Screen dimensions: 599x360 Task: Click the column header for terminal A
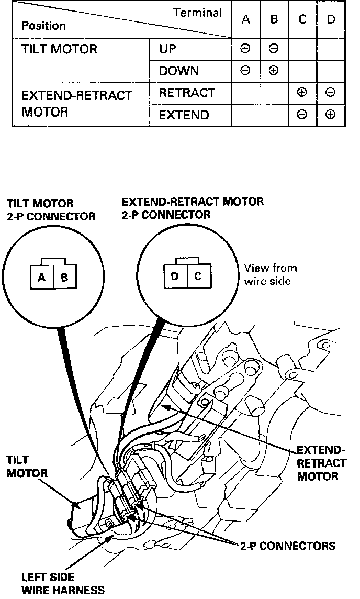pos(245,19)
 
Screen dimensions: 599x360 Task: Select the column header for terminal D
pos(331,19)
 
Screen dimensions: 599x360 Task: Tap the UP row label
pos(168,49)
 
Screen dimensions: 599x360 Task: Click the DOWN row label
pos(179,71)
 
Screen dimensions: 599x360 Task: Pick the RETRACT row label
pos(187,93)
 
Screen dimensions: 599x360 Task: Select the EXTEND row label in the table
pos(184,115)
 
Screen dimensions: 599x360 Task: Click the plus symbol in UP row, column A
pos(245,49)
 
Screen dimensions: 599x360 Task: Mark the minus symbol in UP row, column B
pos(273,49)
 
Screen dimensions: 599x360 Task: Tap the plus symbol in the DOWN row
pos(273,71)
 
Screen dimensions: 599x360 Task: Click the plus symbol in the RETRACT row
pos(302,93)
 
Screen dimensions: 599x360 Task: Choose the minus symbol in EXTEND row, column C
pos(302,115)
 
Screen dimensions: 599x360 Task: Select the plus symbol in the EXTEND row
pos(330,115)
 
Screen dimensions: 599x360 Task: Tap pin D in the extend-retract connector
pos(175,275)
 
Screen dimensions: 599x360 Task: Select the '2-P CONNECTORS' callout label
pos(287,546)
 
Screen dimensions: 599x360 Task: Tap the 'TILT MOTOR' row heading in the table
pos(59,49)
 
